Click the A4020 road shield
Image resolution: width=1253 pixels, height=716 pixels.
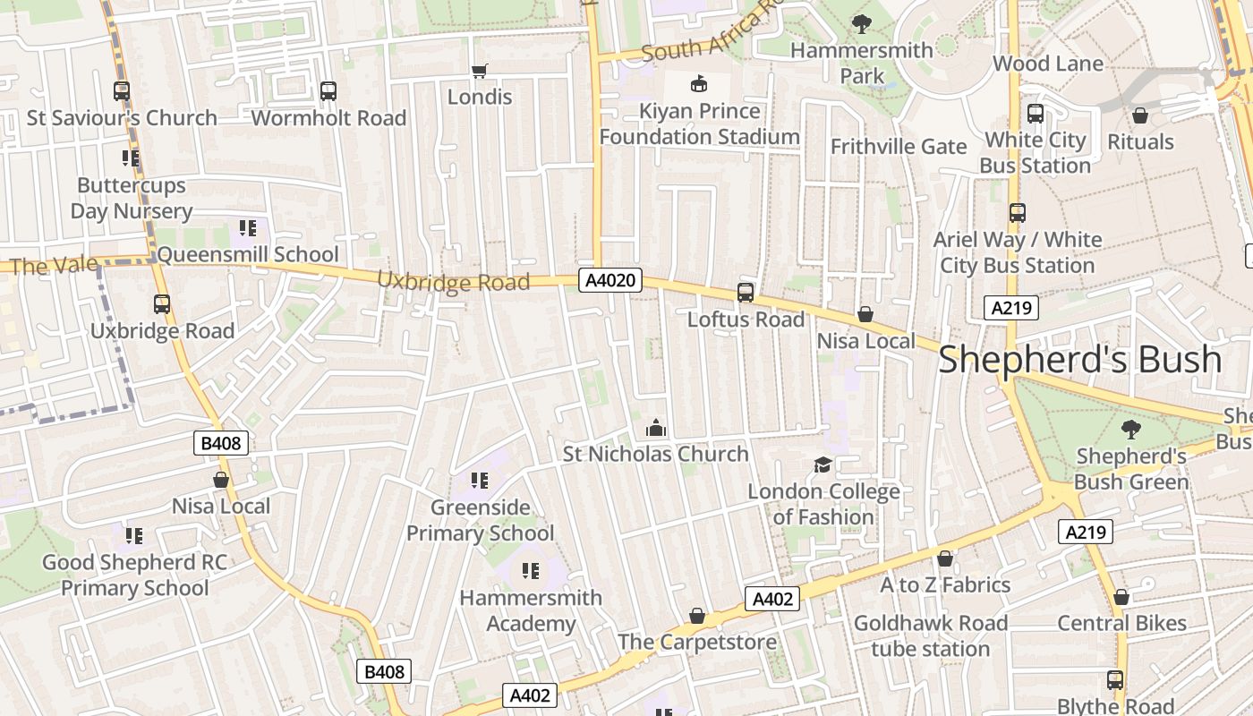point(610,280)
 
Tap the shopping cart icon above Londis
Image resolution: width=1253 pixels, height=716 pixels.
point(480,71)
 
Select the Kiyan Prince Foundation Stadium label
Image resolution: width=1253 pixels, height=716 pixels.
point(699,124)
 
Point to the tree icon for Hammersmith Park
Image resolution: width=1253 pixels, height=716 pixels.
point(862,24)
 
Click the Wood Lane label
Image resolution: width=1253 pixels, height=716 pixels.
point(1047,64)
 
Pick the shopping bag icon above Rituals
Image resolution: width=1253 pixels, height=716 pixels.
point(1140,115)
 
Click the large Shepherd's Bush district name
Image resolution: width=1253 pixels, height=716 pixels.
point(1079,359)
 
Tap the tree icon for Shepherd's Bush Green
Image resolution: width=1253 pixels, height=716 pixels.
point(1131,430)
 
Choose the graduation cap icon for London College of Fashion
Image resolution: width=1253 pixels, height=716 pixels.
point(823,465)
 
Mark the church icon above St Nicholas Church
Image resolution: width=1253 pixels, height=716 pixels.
point(656,428)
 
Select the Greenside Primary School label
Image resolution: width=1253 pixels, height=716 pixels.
point(481,520)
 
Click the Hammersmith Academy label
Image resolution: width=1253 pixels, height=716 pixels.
point(531,610)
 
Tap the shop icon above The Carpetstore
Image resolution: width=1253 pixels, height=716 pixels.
point(697,616)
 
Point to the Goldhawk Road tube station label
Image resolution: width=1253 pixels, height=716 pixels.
point(931,635)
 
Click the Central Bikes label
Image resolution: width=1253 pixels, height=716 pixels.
point(1121,623)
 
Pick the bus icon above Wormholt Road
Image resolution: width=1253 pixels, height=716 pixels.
point(328,91)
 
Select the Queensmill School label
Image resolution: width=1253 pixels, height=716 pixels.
point(248,254)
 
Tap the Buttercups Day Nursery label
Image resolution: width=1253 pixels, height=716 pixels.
point(132,198)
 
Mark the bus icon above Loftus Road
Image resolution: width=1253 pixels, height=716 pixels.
point(746,293)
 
